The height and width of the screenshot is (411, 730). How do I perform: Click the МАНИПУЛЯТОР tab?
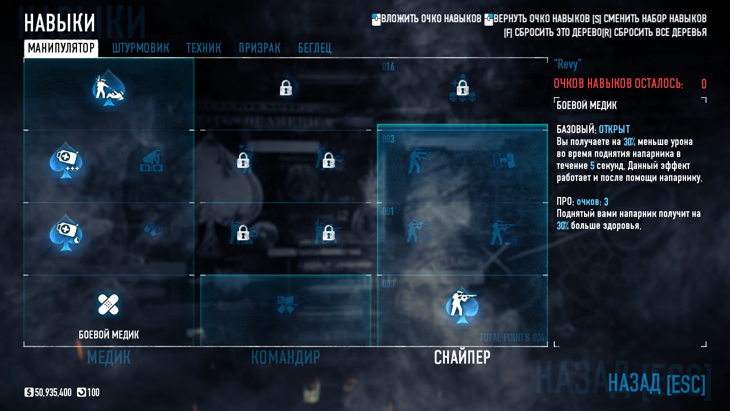click(61, 48)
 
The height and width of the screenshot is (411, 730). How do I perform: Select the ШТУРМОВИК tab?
click(140, 48)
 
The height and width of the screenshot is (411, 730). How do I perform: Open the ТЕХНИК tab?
click(204, 48)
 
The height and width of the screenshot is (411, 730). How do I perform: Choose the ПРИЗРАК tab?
click(259, 48)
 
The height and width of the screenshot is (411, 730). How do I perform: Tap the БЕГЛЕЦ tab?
click(314, 48)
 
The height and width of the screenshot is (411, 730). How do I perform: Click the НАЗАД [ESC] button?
click(657, 383)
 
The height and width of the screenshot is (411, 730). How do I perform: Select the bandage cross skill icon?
click(108, 305)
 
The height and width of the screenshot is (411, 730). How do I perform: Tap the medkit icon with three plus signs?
click(64, 160)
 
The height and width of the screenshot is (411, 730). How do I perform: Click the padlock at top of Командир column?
click(286, 88)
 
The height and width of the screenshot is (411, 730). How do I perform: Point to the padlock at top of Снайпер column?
click(462, 88)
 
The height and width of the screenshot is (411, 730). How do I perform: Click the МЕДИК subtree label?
click(109, 357)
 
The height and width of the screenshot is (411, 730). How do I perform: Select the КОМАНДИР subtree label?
click(285, 357)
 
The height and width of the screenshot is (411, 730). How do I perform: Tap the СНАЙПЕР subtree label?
click(462, 357)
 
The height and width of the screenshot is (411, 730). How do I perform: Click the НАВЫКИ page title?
click(59, 23)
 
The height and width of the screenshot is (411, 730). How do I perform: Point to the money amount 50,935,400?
click(53, 393)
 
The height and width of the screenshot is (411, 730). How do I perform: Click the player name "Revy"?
click(567, 64)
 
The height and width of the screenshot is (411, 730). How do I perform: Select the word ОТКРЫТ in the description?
click(614, 130)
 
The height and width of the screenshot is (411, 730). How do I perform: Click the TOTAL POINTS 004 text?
click(512, 337)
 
